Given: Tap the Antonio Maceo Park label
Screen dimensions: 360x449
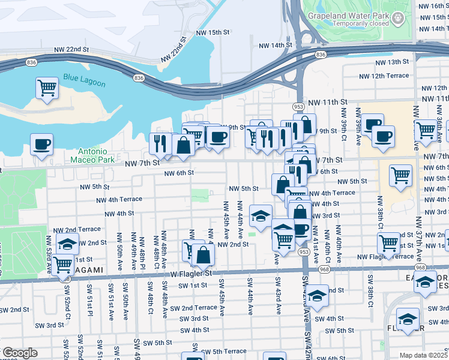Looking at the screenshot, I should (92, 155).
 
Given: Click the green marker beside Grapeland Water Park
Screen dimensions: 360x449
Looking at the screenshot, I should (399, 21).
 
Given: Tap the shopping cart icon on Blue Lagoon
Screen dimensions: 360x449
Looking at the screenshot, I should (46, 88).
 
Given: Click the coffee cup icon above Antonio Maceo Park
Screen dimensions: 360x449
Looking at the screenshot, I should (41, 144).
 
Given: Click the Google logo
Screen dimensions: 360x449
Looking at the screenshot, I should (19, 353).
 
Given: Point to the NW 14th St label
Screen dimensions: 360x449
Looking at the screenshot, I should (275, 46).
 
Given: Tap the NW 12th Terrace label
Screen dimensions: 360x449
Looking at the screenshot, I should (384, 76).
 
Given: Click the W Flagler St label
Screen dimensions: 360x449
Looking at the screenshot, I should (191, 273).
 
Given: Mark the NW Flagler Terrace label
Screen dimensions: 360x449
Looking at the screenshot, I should (384, 257).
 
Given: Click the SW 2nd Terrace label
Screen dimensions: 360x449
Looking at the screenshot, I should (193, 307).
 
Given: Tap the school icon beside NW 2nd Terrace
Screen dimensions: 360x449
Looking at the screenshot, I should (67, 244).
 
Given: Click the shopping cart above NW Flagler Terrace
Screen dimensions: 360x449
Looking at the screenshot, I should (389, 243).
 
